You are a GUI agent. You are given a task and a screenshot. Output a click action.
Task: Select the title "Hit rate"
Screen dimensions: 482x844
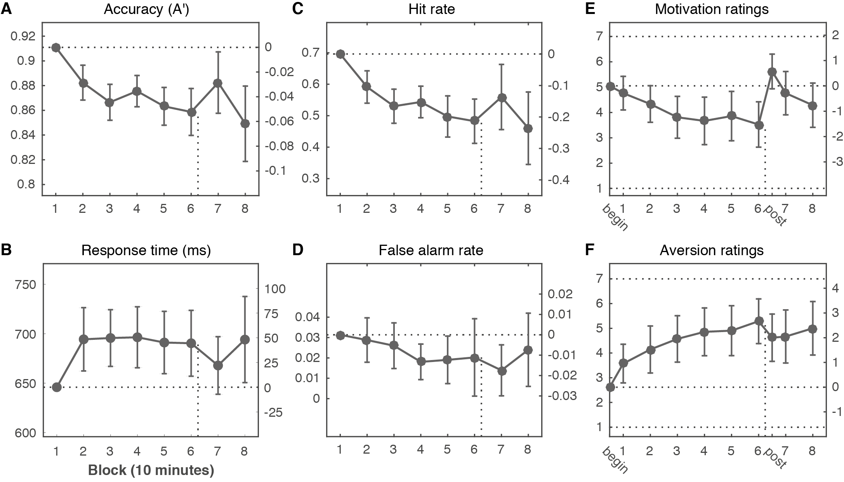tap(431, 9)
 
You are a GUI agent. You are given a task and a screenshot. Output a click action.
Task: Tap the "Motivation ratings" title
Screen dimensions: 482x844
tap(712, 9)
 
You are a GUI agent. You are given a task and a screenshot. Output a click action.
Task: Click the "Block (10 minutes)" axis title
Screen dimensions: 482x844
tap(151, 470)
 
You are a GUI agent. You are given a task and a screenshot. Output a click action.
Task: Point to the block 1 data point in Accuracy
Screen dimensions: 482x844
tap(56, 47)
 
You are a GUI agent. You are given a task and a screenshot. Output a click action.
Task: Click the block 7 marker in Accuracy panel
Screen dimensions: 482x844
tap(217, 83)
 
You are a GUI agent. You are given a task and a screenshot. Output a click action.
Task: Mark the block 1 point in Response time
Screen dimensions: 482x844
tap(56, 387)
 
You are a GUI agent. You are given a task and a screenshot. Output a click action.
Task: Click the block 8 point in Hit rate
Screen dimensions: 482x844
tap(528, 129)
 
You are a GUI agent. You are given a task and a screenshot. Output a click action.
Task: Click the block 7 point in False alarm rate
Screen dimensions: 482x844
tap(501, 371)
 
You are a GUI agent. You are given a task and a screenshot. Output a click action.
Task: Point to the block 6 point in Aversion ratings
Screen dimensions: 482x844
tap(759, 321)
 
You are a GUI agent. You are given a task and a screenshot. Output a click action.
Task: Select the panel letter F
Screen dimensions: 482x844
tap(589, 251)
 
